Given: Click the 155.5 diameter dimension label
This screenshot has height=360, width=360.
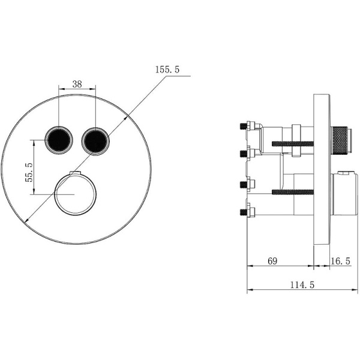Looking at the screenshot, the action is click(x=167, y=70).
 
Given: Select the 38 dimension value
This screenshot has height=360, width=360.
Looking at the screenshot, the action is click(x=77, y=84).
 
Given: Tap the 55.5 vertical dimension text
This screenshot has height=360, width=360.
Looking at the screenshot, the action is click(x=29, y=172).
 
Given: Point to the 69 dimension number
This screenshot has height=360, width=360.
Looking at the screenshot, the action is click(x=272, y=261).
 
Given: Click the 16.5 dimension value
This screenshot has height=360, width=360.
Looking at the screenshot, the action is click(x=340, y=261).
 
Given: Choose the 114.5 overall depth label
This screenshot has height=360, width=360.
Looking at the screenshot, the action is click(x=302, y=285).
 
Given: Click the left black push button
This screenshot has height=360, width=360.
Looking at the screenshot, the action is click(x=59, y=140).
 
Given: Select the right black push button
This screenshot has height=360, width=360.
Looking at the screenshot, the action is click(x=95, y=141).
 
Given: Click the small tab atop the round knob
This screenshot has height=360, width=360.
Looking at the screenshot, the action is click(x=76, y=173).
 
